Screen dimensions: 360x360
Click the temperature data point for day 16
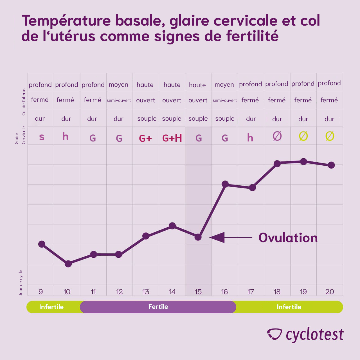(x=225, y=184)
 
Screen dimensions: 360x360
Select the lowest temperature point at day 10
(x=68, y=264)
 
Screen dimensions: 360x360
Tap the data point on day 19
(x=303, y=161)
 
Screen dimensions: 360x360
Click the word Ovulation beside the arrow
(x=288, y=238)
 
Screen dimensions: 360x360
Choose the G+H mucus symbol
(x=172, y=138)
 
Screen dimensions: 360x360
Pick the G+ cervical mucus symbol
(x=145, y=138)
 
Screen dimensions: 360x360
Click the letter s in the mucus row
(x=42, y=137)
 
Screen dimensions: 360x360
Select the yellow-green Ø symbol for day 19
(x=303, y=136)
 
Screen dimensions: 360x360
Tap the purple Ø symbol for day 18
(x=277, y=136)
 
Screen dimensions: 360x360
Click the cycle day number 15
(x=198, y=292)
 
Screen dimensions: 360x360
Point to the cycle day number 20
(x=330, y=292)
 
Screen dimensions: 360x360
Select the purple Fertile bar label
(x=158, y=307)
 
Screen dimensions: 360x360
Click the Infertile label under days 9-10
(x=51, y=307)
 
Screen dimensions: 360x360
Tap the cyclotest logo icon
(x=274, y=334)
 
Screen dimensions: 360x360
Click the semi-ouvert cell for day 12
(x=119, y=100)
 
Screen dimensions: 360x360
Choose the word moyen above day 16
(x=224, y=85)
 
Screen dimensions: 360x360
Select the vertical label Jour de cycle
(x=21, y=283)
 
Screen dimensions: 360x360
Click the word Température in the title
(x=66, y=21)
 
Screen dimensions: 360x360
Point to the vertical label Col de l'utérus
(x=24, y=101)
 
